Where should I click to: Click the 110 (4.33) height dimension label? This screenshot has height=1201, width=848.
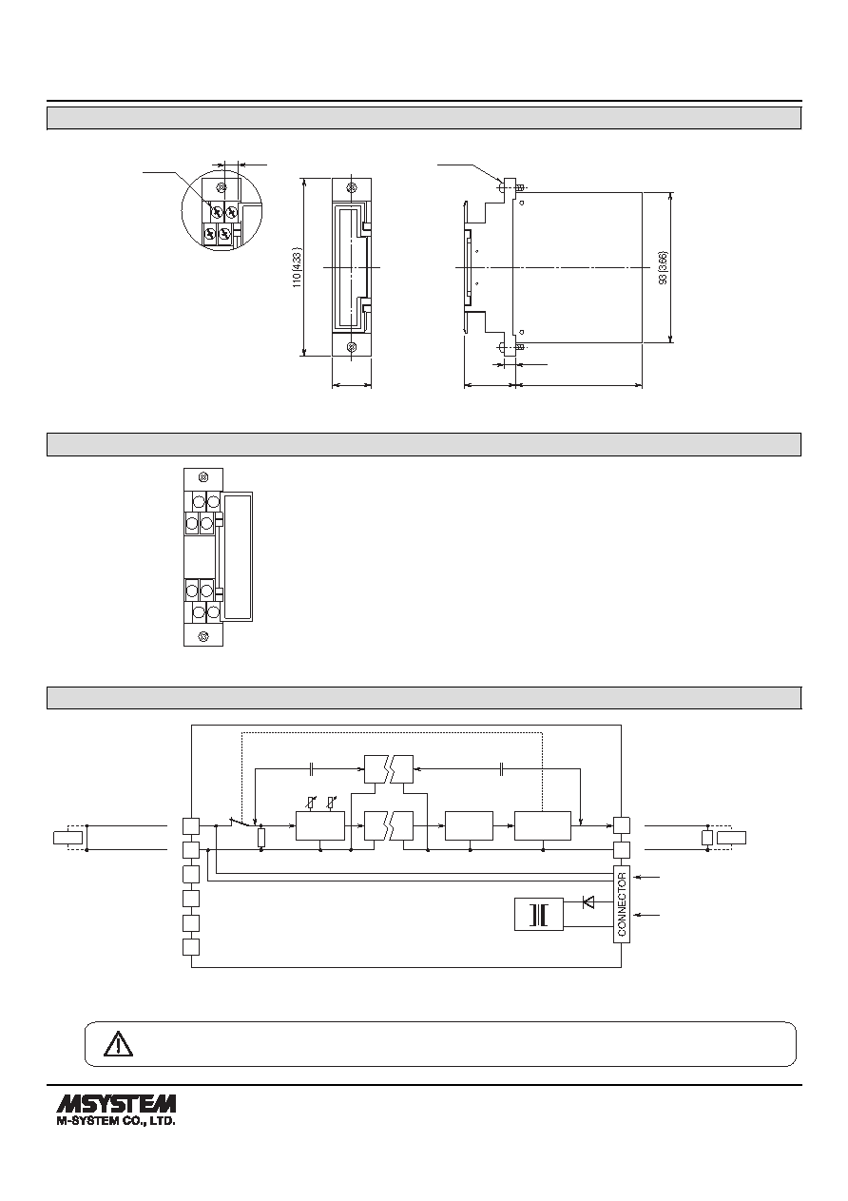(298, 267)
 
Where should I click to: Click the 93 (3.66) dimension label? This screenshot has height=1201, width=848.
(664, 267)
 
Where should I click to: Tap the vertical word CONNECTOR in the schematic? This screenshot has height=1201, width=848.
(622, 904)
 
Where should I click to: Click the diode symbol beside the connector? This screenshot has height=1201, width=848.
(588, 901)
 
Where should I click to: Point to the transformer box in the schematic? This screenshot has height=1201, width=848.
(539, 914)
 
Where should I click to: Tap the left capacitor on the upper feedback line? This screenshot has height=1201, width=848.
(312, 769)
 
